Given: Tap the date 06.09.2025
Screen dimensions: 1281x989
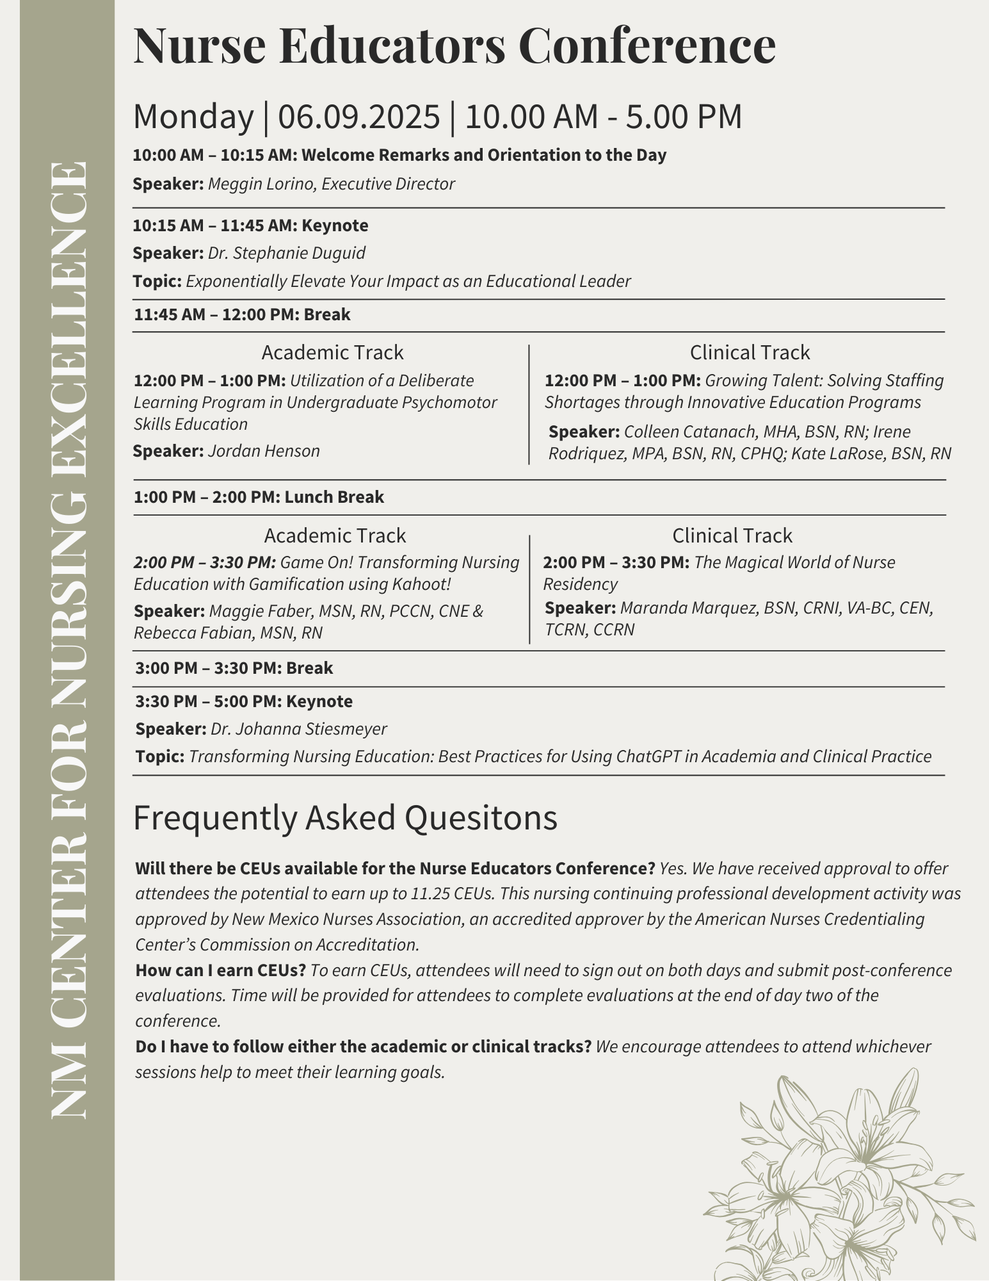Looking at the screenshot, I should pos(359,117).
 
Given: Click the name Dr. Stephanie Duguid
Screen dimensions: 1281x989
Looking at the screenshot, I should pos(287,253).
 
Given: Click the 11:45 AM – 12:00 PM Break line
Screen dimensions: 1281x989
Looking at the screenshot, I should pos(242,314).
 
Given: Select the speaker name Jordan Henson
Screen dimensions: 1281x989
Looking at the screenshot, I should pos(264,451).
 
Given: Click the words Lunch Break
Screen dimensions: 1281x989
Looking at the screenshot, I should pos(334,497).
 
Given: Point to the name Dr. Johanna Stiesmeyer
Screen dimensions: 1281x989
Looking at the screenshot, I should pos(299,729).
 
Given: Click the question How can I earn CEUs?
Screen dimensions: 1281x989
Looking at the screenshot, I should pos(221,970).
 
